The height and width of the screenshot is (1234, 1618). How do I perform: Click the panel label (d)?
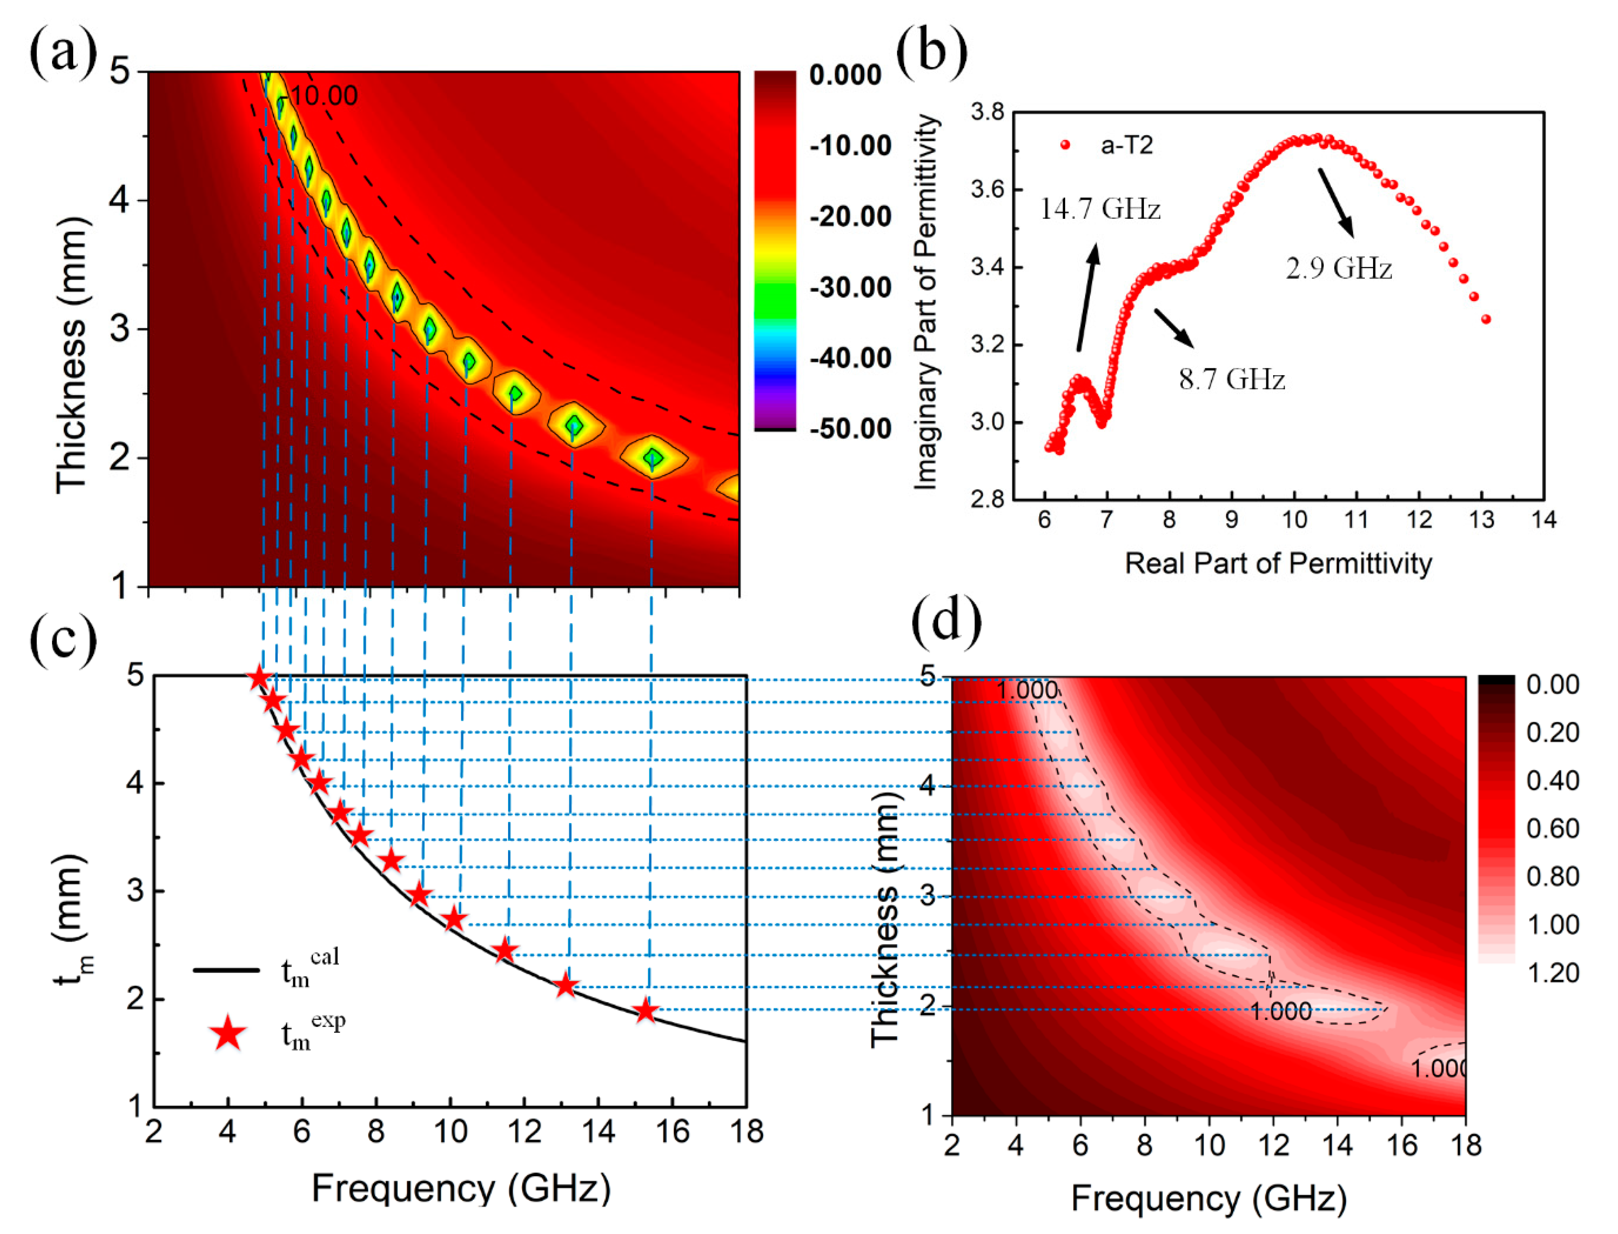pyautogui.click(x=946, y=619)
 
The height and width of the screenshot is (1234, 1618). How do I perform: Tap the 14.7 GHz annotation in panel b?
pyautogui.click(x=1100, y=209)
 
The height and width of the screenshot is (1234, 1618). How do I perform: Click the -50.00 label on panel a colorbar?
pyautogui.click(x=850, y=428)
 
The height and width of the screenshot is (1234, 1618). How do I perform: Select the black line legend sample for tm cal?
pyautogui.click(x=226, y=970)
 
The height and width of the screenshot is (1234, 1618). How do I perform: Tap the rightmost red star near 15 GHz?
pyautogui.click(x=645, y=1011)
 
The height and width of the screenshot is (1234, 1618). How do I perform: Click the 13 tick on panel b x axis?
pyautogui.click(x=1482, y=520)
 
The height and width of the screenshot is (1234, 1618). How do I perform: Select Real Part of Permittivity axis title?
pyautogui.click(x=1278, y=563)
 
